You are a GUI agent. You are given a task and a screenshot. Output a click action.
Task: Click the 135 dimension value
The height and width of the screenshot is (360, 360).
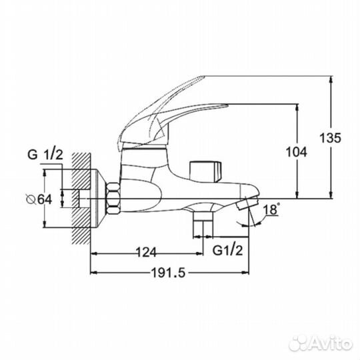[331, 138]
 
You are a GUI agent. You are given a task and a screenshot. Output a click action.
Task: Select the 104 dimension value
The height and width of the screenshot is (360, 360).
[297, 152]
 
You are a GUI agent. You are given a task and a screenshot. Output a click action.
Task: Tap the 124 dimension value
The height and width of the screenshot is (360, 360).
[146, 252]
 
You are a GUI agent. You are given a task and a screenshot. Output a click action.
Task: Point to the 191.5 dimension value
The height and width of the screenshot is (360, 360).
[168, 273]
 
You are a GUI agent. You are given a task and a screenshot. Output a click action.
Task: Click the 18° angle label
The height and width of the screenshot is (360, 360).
[271, 209]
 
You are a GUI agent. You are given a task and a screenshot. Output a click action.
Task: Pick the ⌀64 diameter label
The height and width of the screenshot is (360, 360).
[39, 199]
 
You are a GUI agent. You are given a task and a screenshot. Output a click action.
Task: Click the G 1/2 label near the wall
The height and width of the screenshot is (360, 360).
[45, 155]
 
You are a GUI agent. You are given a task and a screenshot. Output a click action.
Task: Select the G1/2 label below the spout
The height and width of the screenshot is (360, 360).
[227, 250]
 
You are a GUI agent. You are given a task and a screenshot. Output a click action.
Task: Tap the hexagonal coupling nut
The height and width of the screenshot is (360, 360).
[113, 199]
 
